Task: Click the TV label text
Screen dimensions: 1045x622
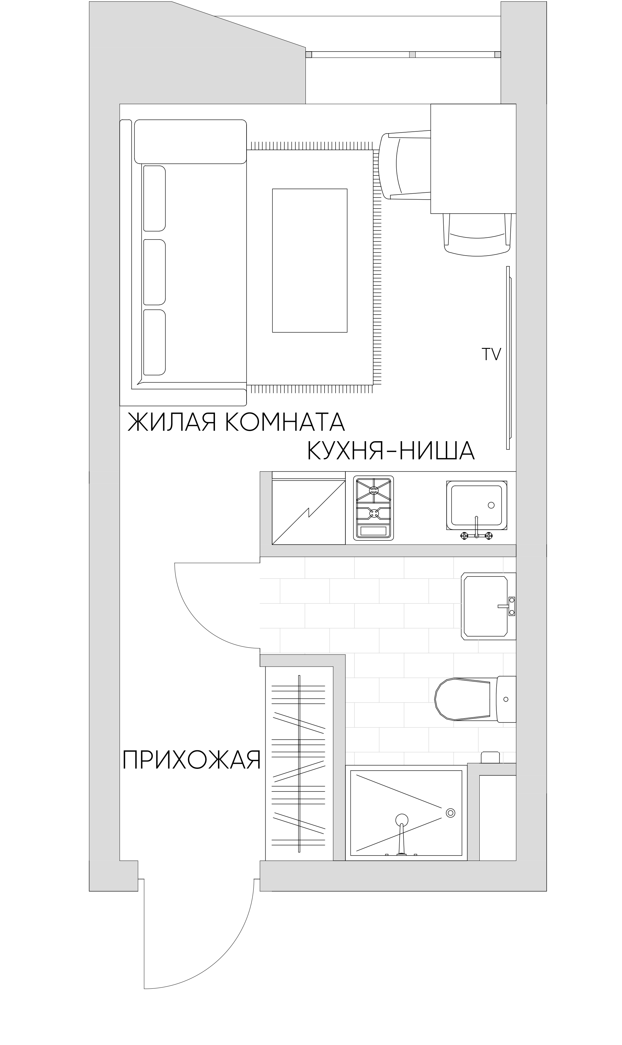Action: [x=491, y=355]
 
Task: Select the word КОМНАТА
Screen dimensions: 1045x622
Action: [x=285, y=422]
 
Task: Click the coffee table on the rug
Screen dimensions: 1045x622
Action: [x=310, y=260]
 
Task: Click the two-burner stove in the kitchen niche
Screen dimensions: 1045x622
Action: [x=373, y=508]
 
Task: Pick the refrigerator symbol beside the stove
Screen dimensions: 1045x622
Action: [x=308, y=512]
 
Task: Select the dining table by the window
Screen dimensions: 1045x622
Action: [x=473, y=158]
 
